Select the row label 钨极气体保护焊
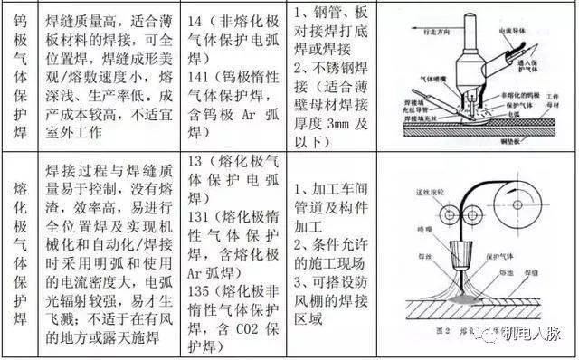[x=19, y=76]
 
